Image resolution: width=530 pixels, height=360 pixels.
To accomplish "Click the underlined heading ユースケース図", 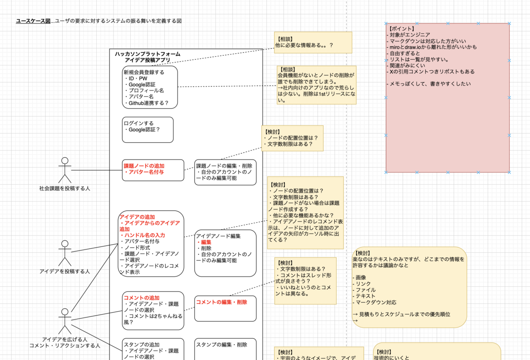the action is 33,21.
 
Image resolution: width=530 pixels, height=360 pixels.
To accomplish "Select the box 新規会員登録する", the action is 150,87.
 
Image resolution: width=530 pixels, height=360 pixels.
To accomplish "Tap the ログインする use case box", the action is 148,130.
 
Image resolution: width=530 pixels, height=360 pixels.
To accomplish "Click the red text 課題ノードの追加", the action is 144,166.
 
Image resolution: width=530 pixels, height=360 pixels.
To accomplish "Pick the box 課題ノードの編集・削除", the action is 225,172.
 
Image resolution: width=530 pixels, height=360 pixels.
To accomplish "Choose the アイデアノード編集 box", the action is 225,253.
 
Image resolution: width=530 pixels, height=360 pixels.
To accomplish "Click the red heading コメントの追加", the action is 141,298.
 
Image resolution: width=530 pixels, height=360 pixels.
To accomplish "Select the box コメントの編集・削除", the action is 225,308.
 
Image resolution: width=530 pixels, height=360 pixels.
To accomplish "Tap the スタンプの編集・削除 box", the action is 225,349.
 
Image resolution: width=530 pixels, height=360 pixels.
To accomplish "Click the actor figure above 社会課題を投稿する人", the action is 65,170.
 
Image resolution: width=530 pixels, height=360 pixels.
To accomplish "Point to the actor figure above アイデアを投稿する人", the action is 65,253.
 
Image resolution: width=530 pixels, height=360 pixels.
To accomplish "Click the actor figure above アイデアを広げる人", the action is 65,321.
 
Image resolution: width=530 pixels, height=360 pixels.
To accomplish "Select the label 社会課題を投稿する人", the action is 64,189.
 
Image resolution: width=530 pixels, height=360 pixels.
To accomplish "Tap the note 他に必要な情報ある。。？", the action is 313,42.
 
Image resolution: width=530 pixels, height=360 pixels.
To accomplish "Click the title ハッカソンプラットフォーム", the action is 148,54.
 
